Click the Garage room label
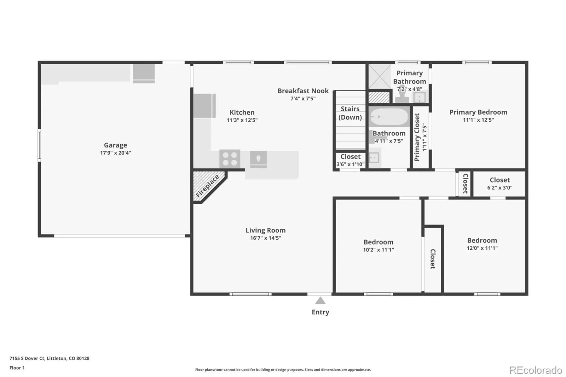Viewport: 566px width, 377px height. click(x=115, y=145)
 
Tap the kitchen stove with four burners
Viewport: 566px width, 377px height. click(x=230, y=159)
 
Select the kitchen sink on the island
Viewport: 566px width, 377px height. click(x=258, y=159)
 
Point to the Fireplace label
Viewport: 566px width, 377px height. click(x=207, y=186)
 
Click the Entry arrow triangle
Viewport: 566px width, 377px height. click(x=320, y=301)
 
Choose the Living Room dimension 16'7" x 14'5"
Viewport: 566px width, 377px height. click(x=266, y=238)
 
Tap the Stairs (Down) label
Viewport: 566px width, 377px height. click(x=350, y=113)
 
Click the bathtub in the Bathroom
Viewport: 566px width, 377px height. click(x=389, y=117)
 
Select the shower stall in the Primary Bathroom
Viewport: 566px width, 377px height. click(x=380, y=76)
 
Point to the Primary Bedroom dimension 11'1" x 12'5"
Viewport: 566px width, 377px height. click(x=478, y=120)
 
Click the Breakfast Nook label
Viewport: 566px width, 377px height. click(x=303, y=91)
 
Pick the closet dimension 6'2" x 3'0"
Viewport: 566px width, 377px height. click(x=499, y=188)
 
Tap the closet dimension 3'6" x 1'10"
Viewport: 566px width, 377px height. click(x=350, y=164)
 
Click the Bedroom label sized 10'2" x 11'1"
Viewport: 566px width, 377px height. click(x=378, y=242)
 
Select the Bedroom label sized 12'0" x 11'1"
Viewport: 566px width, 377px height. click(x=482, y=240)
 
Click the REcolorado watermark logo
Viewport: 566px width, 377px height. click(x=536, y=370)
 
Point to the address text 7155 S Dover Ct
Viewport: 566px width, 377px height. click(x=27, y=358)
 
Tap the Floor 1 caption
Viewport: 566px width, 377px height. click(x=17, y=368)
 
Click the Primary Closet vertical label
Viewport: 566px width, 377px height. click(x=417, y=137)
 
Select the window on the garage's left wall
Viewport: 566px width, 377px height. click(x=39, y=145)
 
